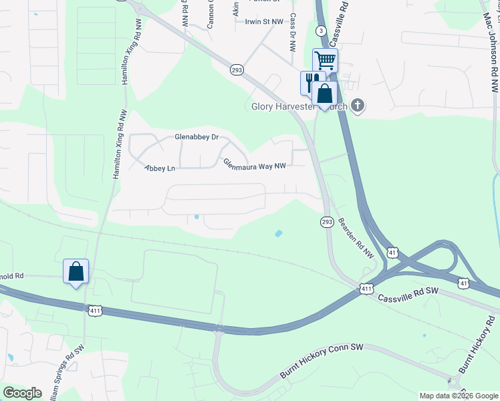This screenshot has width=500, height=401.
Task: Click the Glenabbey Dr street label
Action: [197, 137]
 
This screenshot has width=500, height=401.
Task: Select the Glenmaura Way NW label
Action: [254, 163]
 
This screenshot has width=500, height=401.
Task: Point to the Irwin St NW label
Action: [265, 21]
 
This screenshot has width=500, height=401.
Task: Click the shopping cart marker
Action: [326, 61]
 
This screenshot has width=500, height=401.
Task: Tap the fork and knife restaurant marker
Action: [311, 82]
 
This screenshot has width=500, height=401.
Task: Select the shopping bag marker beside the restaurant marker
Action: [325, 94]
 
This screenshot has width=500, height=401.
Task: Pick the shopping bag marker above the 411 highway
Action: [76, 272]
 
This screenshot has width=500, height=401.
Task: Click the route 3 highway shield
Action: [322, 31]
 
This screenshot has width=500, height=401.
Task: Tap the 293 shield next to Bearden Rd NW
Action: [327, 222]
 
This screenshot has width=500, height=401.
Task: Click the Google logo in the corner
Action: [23, 393]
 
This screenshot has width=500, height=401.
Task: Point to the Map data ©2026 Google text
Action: [459, 396]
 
